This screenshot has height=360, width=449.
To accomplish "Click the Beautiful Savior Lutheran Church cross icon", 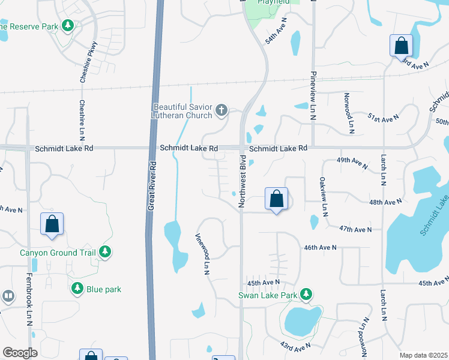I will [x=221, y=110].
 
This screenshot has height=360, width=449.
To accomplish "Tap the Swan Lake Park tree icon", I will [x=307, y=294].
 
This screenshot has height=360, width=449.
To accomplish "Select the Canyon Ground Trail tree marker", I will [x=105, y=252].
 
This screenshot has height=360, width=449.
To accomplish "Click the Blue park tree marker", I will [x=77, y=289].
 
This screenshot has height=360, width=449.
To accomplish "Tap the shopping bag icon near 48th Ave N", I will [x=276, y=199].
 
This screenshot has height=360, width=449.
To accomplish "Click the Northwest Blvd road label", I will [x=243, y=182].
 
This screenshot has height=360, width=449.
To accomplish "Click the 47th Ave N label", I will [x=355, y=229].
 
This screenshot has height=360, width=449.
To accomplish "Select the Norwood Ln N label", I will [x=348, y=113].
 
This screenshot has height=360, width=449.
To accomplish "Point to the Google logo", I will [x=20, y=352].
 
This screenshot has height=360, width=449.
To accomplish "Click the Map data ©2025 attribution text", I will [x=423, y=355].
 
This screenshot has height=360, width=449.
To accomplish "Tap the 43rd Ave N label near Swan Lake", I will [x=295, y=346].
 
